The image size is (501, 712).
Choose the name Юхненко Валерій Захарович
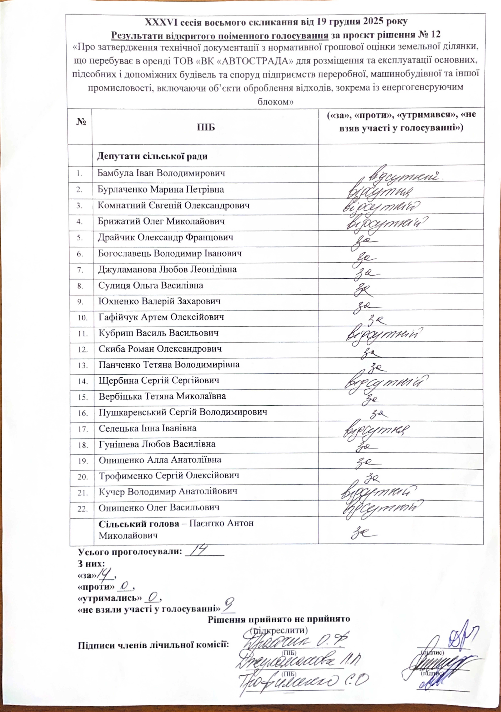tap(159, 301)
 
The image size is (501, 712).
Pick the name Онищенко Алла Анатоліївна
tap(160, 460)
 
